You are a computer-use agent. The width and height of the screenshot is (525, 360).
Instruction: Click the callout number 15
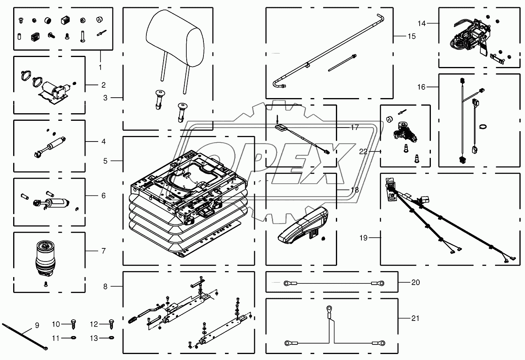pos(412,36)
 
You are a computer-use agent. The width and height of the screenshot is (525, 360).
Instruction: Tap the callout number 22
pos(363,152)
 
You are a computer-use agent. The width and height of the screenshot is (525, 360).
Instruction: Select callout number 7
pos(104,251)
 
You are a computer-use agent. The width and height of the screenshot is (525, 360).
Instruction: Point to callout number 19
pos(363,238)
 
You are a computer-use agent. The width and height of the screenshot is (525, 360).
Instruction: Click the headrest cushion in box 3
pos(175,38)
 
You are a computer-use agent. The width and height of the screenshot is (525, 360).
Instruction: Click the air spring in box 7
pos(45,259)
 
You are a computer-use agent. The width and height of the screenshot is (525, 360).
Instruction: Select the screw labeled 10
pos(73,325)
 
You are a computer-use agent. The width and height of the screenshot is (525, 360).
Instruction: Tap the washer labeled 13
pos(112,338)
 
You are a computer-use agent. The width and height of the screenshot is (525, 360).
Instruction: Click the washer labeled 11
pos(73,338)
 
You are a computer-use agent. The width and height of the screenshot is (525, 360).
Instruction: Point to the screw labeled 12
pos(112,325)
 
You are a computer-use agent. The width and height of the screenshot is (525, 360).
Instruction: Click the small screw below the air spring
pos(46,284)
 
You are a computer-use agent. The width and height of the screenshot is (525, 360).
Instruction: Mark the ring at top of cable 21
pos(329,308)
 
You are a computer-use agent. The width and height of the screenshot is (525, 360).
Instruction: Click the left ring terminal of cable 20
pos(287,283)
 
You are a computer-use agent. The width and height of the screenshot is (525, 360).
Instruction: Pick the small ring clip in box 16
pos(483,127)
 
